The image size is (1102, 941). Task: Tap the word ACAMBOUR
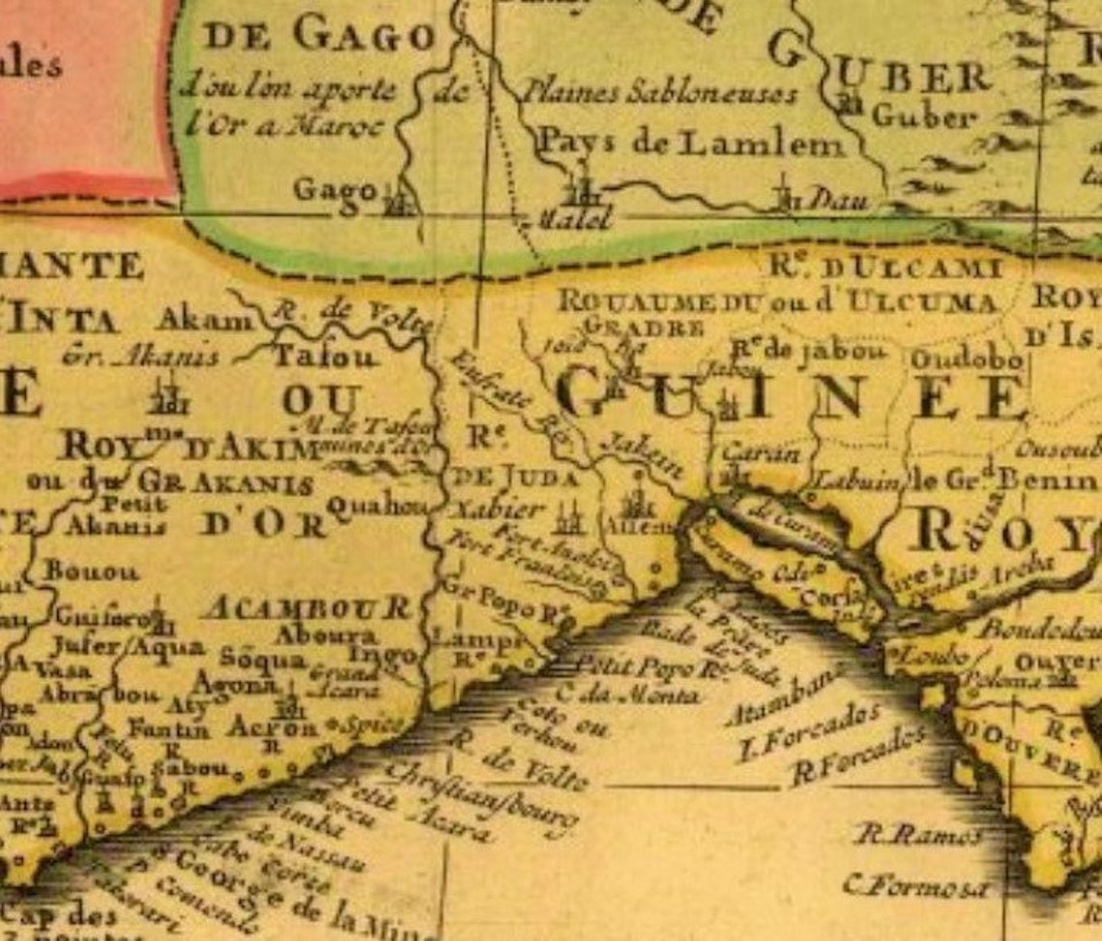pyautogui.click(x=307, y=608)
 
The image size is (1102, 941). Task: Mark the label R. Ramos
pyautogui.click(x=918, y=836)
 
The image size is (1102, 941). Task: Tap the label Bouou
pyautogui.click(x=91, y=571)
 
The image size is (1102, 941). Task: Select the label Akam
pyautogui.click(x=203, y=319)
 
